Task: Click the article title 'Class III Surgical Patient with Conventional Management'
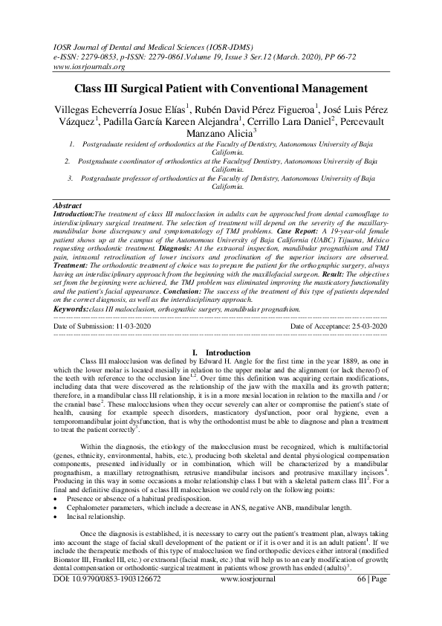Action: tap(221, 88)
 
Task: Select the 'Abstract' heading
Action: tap(68, 204)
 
